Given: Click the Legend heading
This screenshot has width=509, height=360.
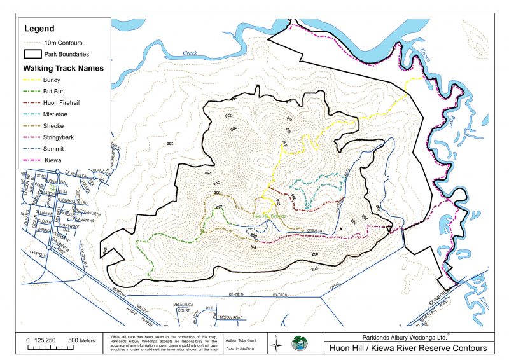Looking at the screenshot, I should click(39, 29).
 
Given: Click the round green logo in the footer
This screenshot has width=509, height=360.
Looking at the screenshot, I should click(299, 344).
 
